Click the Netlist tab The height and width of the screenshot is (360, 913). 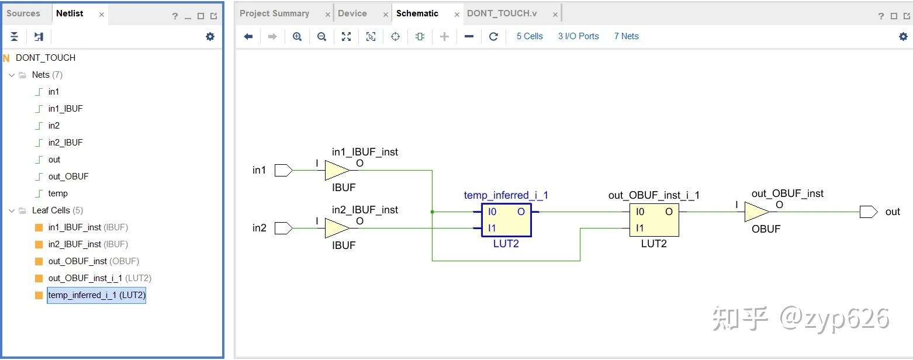70,13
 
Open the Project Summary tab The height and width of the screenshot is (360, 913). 274,13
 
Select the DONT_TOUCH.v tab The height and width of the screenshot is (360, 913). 502,13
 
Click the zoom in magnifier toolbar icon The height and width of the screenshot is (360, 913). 297,36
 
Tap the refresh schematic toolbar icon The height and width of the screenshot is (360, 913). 493,36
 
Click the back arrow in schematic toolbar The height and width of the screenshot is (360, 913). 248,36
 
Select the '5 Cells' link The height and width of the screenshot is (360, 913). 530,36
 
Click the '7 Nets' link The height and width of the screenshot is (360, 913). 626,36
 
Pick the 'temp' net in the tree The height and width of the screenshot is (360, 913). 58,193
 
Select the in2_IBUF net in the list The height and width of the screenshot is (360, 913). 65,143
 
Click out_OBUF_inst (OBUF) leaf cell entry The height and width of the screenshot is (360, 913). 94,261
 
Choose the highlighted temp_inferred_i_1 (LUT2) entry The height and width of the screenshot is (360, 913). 96,295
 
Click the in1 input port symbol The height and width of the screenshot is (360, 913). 283,170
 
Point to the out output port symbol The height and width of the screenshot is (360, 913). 868,212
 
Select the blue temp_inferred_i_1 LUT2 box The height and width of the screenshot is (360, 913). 506,220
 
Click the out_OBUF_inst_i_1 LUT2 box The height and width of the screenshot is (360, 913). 654,220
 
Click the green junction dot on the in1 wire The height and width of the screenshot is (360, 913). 432,212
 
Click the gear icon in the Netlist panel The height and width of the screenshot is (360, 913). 210,36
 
